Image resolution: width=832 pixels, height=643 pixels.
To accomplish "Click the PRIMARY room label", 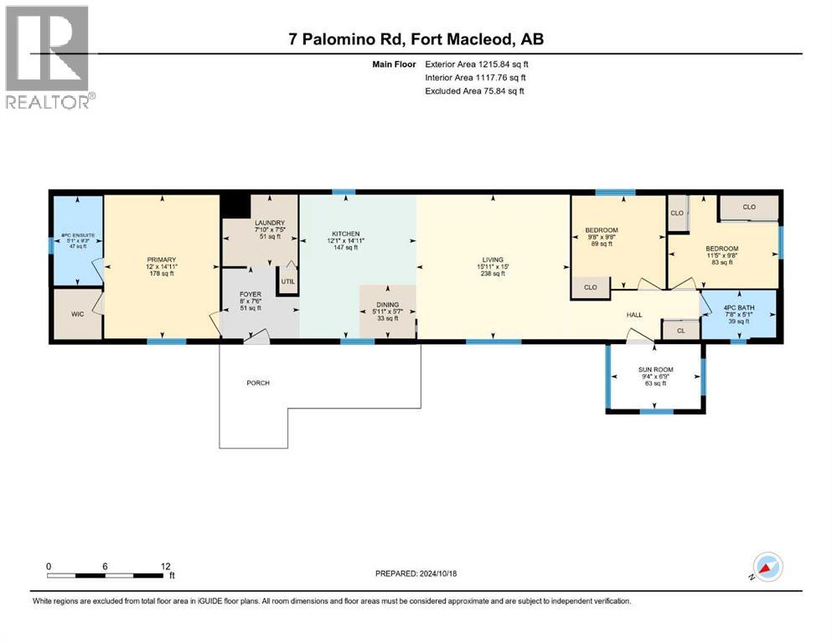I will point(160,260).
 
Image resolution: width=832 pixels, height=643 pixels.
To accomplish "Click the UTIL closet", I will point(288,281).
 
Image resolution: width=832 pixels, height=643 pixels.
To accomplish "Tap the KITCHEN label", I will point(345,234).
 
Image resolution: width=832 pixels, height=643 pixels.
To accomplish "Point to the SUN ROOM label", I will point(656,369).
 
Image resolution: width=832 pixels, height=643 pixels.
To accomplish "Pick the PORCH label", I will point(258,383).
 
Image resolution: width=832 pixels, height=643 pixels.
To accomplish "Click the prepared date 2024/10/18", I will point(437,574).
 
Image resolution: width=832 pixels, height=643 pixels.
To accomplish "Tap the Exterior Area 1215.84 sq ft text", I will point(477,64).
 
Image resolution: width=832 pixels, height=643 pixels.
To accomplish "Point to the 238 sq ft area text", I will point(494,274).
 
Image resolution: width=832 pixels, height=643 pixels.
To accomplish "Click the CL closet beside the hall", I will point(680,332).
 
